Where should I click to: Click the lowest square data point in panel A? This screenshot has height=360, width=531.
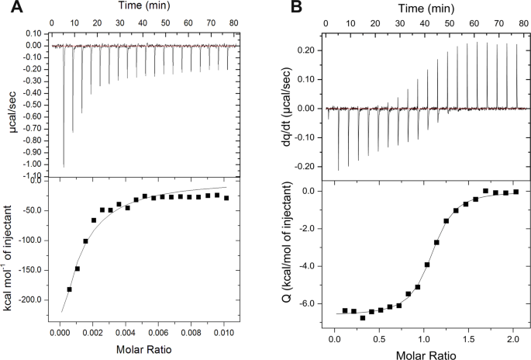[x=70, y=289]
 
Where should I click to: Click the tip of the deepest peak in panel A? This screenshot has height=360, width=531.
[x=64, y=167]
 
